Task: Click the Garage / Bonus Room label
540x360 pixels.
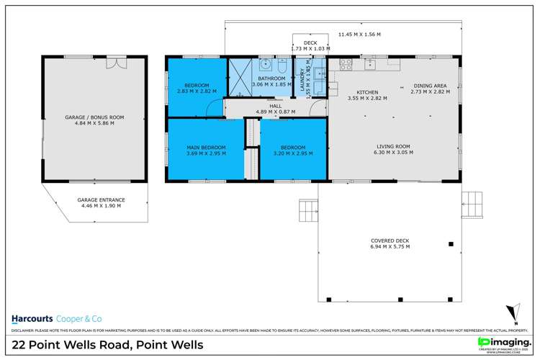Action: (95, 119)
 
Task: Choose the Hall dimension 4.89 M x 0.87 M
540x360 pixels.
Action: (271, 112)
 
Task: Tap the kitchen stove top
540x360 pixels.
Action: (345, 63)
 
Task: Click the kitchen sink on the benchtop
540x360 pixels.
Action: (369, 63)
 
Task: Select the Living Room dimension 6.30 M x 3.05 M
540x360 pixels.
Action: (393, 152)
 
